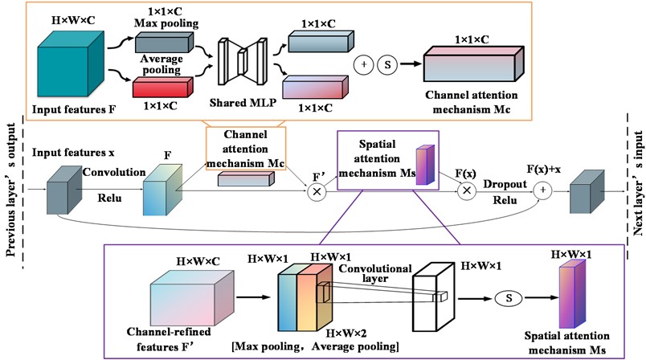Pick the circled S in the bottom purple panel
click(x=508, y=298)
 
